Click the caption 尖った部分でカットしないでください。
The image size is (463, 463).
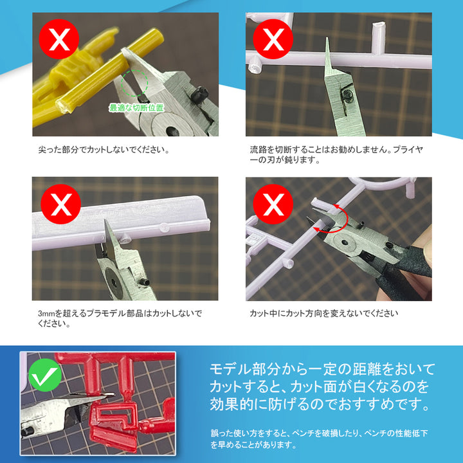pyautogui.click(x=104, y=150)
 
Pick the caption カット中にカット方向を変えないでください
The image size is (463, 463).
pyautogui.click(x=324, y=314)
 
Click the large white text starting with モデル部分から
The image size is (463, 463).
pyautogui.click(x=322, y=387)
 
